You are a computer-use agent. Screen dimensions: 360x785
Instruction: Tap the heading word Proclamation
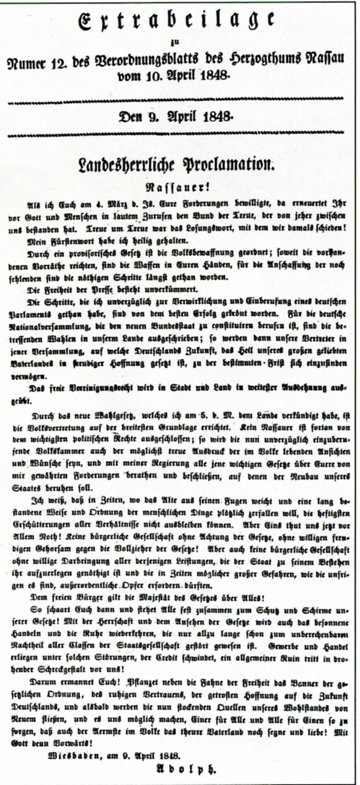coord(231,165)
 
